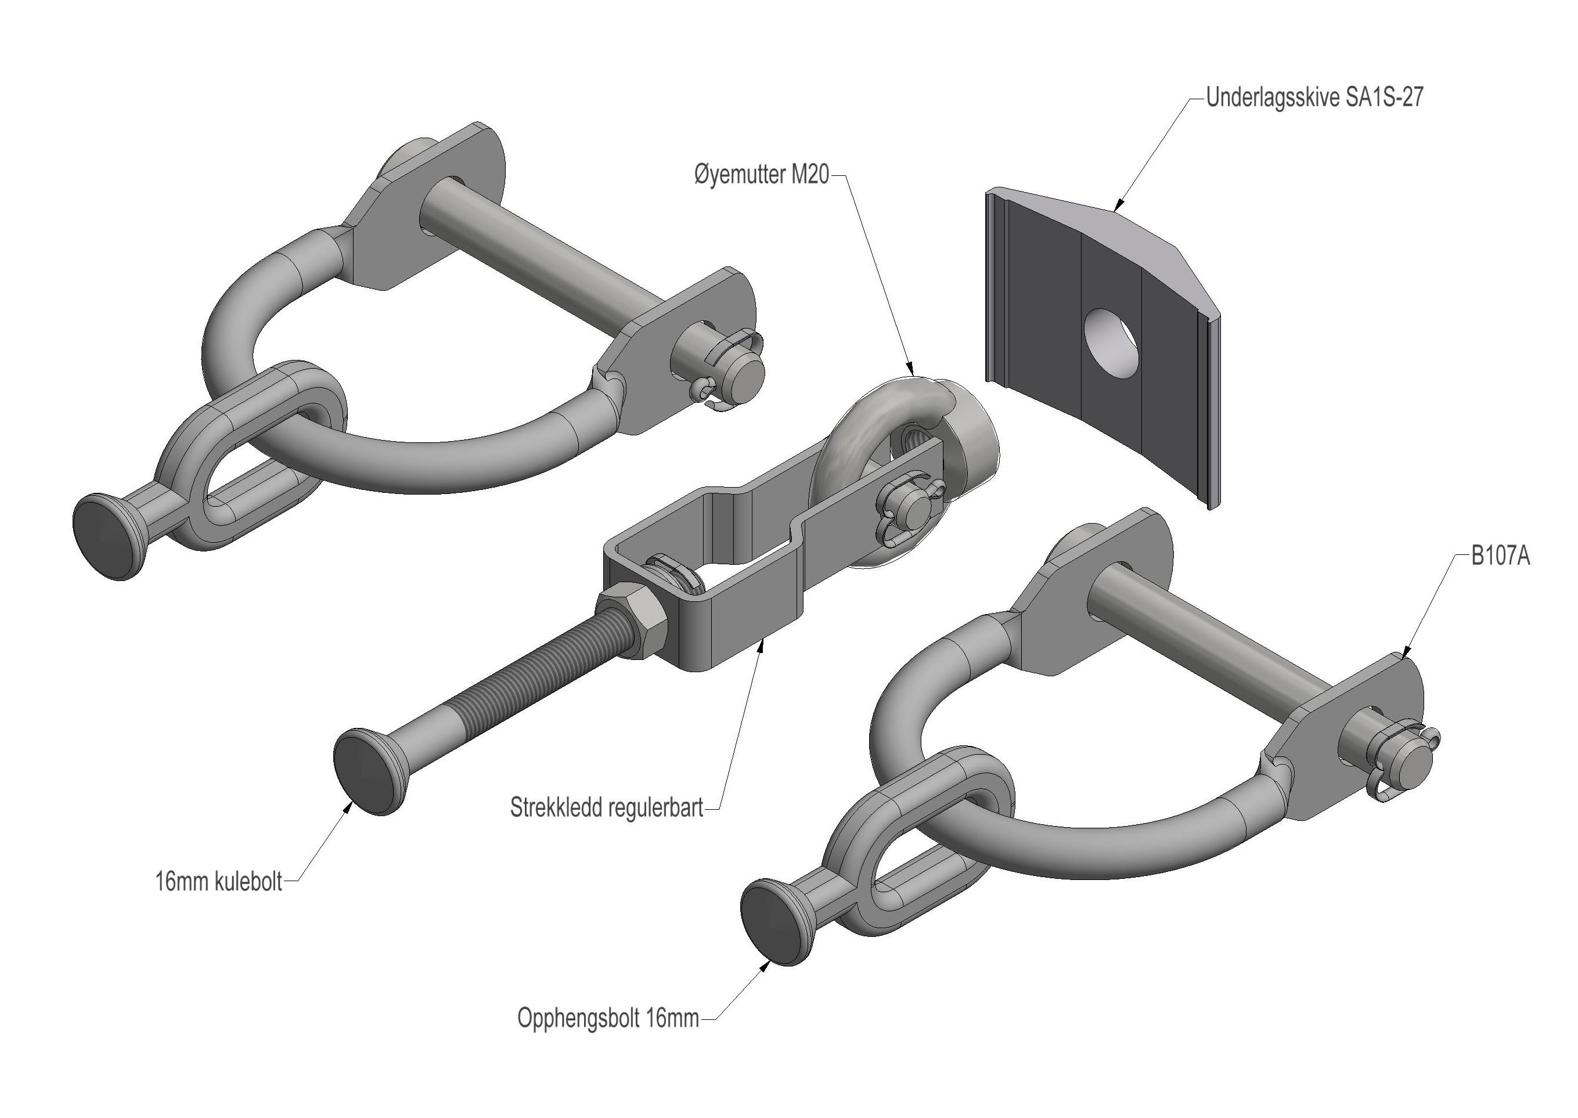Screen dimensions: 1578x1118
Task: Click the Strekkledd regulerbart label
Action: pyautogui.click(x=607, y=807)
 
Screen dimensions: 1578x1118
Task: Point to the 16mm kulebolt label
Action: pyautogui.click(x=219, y=881)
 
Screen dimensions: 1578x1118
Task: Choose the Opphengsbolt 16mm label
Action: pyautogui.click(x=608, y=1018)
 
